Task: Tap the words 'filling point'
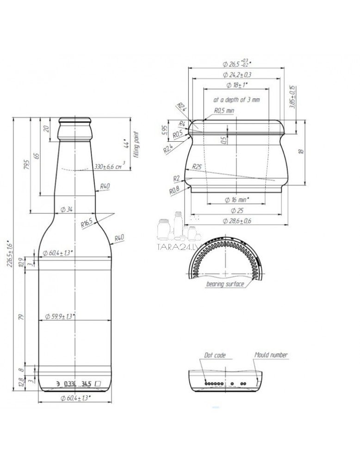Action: pos(136,144)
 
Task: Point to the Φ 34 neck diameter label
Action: pos(67,209)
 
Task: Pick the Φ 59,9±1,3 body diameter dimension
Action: pos(61,316)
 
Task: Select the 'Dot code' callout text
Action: pos(215,355)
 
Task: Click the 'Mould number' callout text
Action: pos(271,355)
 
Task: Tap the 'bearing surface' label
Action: pos(225,284)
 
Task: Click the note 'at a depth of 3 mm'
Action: pos(236,100)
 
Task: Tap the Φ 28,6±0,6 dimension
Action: pos(237,221)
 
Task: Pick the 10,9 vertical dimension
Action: pos(33,261)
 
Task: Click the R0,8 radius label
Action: pos(174,190)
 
